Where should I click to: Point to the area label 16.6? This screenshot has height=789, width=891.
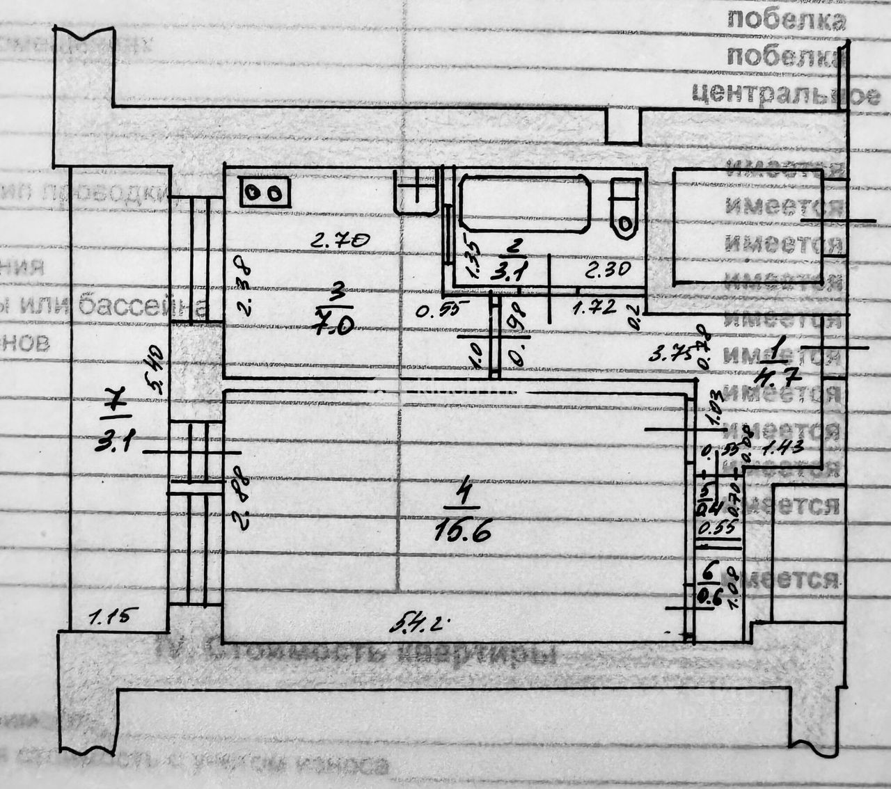[463, 532]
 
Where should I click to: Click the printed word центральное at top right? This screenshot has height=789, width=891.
[785, 93]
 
